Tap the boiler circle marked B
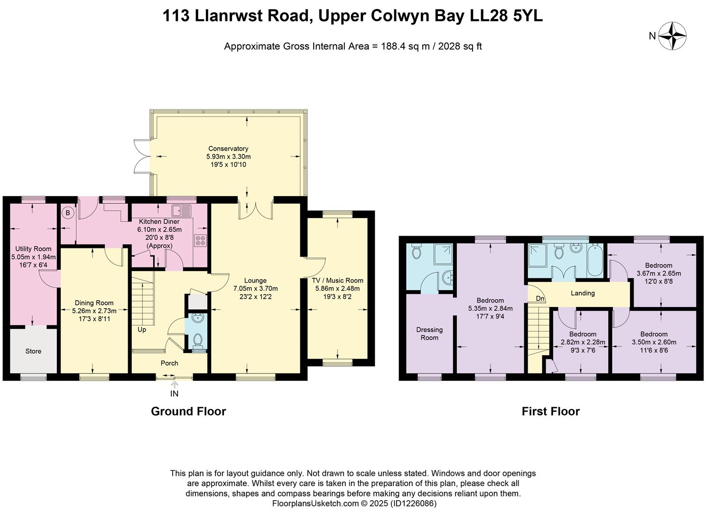(68, 213)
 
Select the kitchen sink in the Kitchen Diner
(182, 209)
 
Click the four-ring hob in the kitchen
(200, 241)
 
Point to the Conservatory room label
(228, 149)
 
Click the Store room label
(33, 351)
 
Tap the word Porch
(169, 363)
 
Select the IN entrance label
(175, 394)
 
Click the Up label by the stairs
(142, 330)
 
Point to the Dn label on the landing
(540, 299)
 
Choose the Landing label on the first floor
(583, 293)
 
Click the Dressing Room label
(429, 333)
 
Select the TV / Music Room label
(337, 280)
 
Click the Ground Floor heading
(188, 411)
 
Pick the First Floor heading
(550, 411)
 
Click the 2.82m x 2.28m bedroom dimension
(583, 342)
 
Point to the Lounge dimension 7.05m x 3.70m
(255, 288)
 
